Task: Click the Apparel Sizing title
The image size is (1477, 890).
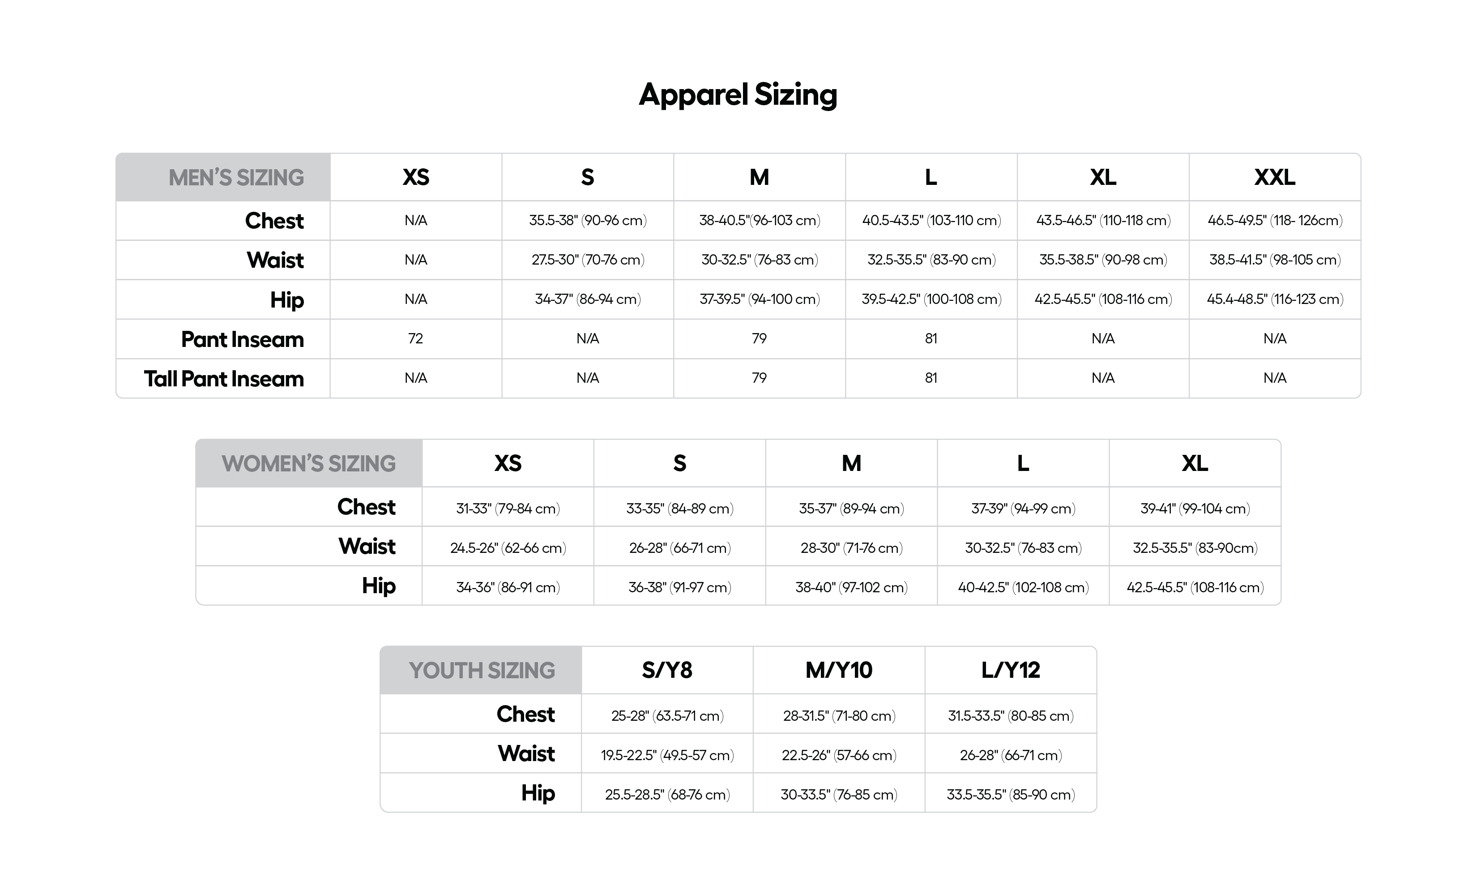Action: click(738, 95)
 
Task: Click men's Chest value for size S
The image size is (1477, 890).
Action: click(587, 221)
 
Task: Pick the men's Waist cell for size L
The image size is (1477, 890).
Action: click(931, 260)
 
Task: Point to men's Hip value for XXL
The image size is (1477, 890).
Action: click(1275, 299)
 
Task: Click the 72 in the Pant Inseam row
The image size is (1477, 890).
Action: click(415, 339)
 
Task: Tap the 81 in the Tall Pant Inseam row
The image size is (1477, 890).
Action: click(931, 378)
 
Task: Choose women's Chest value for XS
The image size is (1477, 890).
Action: click(508, 509)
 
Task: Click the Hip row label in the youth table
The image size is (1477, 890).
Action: click(538, 793)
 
